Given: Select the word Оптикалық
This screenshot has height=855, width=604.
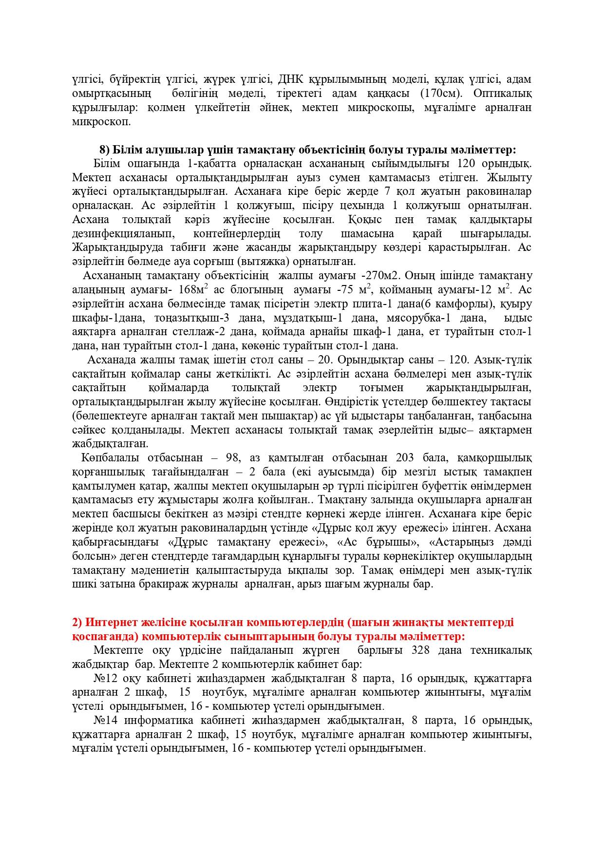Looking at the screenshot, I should (506, 93).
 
